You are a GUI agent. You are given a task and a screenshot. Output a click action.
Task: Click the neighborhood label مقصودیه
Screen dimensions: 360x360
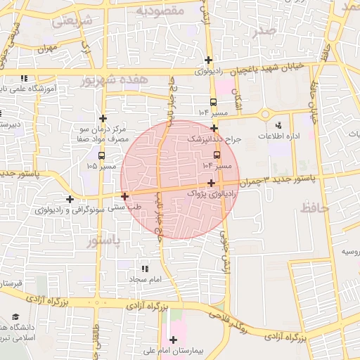pos(160,11)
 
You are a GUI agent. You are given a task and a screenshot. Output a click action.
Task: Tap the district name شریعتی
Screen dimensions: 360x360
pos(73,21)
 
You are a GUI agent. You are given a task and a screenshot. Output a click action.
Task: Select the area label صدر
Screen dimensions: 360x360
pos(264,30)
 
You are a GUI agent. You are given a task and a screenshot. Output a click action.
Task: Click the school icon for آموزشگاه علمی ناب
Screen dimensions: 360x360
pos(24,79)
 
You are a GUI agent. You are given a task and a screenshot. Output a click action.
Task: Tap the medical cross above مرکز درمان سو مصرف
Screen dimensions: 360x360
pos(103,118)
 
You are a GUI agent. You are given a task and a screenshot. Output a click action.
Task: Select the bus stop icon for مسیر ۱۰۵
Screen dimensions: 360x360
pos(102,155)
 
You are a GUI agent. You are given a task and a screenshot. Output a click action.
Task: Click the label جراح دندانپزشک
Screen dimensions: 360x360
pos(214,139)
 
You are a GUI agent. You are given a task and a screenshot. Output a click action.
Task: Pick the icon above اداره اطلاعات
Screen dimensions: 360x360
pos(279,125)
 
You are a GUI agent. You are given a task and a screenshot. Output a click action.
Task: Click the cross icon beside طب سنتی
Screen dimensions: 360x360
pos(125,196)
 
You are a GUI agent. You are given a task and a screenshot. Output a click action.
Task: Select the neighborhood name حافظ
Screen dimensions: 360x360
pos(310,208)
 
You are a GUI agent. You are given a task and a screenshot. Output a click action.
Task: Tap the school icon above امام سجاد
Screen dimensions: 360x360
pos(145,269)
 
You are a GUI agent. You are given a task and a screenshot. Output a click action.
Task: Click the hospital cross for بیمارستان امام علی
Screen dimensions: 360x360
pos(173,340)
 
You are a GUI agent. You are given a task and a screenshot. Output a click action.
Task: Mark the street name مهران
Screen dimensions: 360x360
pos(48,49)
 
